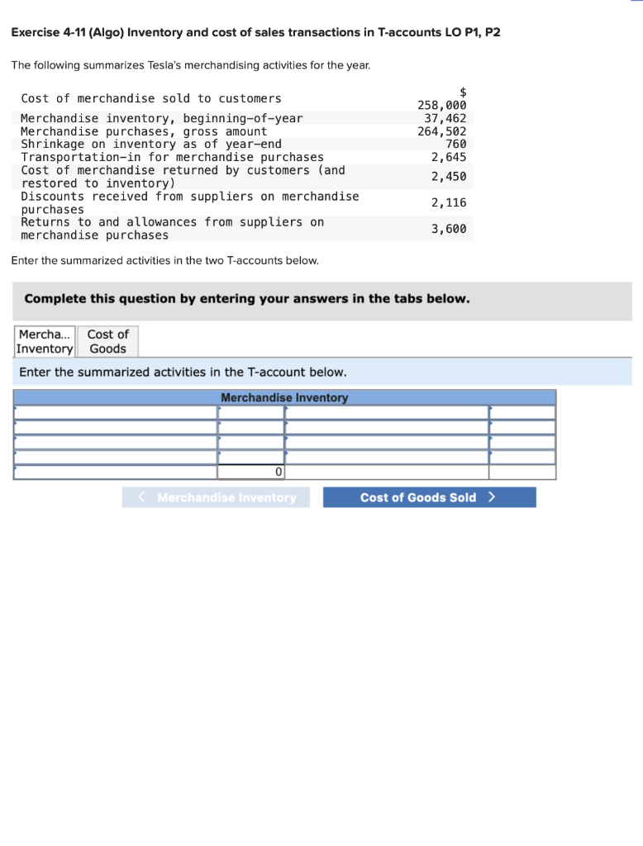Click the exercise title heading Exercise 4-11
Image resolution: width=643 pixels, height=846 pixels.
tap(255, 32)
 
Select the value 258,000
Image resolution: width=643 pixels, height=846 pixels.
tap(442, 105)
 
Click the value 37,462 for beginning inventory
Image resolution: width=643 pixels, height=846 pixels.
tap(445, 118)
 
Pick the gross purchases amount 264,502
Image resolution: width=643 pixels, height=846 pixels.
tap(442, 131)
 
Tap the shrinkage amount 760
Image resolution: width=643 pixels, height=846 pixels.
tap(455, 144)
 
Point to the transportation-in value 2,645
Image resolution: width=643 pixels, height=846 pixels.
tap(449, 157)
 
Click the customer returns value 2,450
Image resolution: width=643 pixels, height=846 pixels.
tap(449, 176)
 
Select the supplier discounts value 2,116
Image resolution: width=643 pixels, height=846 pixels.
tap(449, 202)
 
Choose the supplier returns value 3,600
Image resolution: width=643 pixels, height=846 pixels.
tap(449, 228)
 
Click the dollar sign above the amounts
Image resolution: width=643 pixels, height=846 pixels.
tap(463, 93)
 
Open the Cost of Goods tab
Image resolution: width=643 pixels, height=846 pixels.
tap(108, 341)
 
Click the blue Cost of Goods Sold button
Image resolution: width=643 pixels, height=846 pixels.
tap(429, 497)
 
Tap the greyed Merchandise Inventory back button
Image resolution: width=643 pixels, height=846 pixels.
tap(217, 497)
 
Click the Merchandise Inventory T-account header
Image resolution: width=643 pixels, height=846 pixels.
tap(284, 397)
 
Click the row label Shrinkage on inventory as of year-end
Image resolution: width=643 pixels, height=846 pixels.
tap(151, 144)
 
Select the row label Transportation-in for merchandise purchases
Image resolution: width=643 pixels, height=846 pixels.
tap(172, 157)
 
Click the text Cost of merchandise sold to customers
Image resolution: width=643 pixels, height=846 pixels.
tap(151, 98)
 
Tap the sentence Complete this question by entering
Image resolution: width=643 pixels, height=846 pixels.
tap(247, 298)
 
